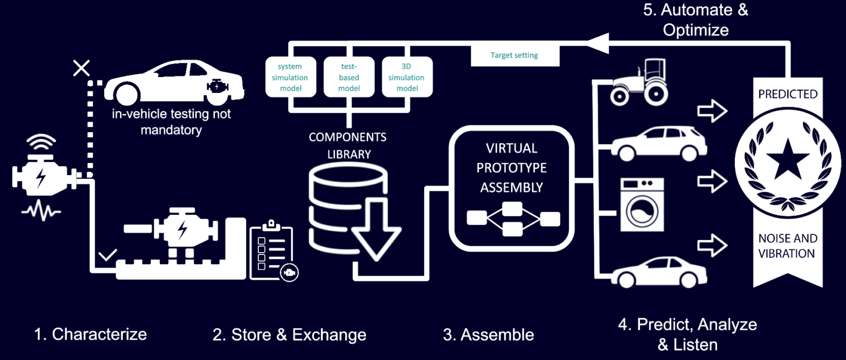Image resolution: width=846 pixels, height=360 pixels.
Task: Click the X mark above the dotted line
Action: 82,68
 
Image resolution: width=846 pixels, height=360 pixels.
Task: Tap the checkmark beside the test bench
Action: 107,255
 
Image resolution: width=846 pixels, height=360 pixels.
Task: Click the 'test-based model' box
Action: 349,77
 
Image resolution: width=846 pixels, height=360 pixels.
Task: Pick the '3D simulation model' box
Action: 407,77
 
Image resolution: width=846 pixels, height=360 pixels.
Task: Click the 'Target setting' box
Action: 514,56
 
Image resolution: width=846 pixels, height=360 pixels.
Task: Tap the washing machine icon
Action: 642,204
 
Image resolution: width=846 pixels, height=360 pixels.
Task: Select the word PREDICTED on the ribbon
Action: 788,94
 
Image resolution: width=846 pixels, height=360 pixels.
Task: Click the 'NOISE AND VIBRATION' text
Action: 788,246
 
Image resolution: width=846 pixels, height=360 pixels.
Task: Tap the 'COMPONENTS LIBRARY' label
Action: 348,145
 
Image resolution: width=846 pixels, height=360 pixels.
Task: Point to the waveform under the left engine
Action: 41,211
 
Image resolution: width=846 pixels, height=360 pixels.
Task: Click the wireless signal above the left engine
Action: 41,144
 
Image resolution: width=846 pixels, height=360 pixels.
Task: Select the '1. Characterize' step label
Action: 90,334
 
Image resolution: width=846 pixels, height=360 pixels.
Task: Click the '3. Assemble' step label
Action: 488,335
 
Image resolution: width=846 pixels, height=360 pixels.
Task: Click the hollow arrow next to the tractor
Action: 712,111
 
